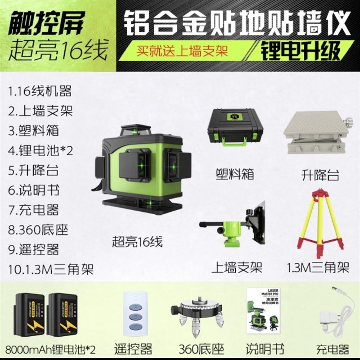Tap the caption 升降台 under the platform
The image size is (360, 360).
coord(320,175)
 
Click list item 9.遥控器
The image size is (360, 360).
coord(33,249)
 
